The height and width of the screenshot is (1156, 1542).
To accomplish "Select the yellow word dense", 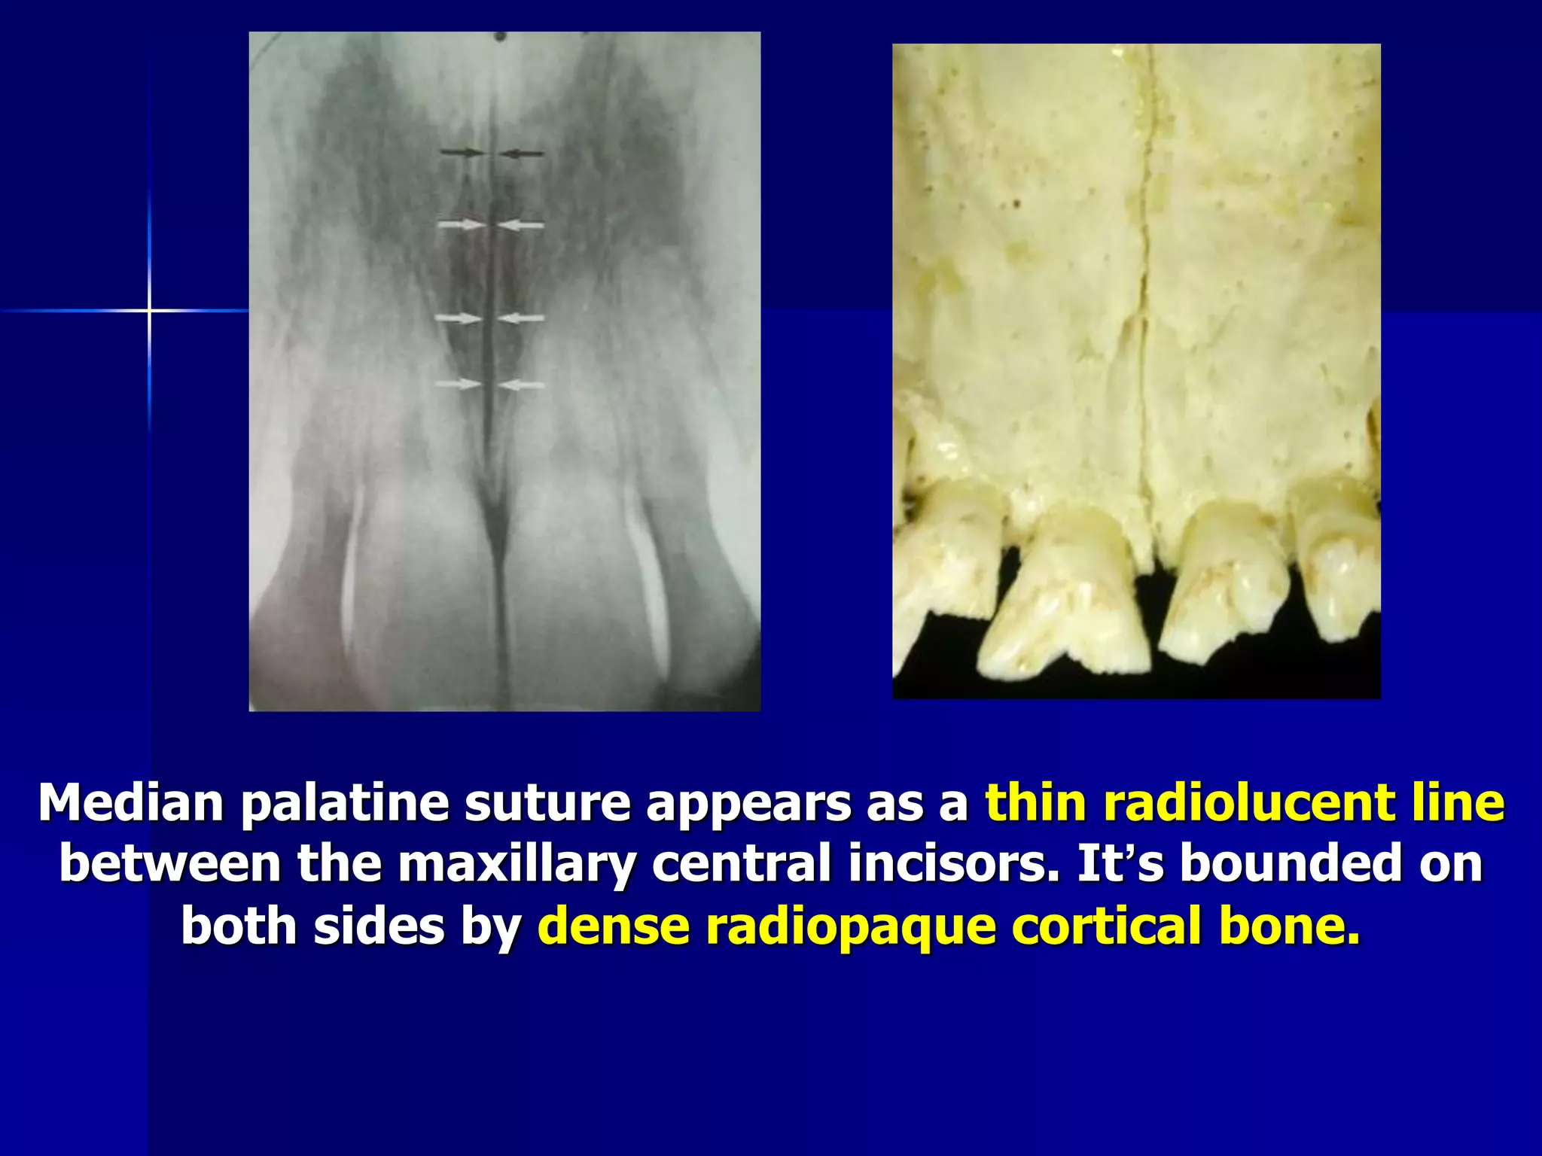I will coord(614,926).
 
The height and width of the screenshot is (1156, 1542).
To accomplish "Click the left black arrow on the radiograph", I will coord(462,153).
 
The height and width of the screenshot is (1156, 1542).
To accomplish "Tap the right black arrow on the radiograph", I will coord(522,154).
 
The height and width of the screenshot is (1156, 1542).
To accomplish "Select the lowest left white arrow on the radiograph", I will coord(458,385).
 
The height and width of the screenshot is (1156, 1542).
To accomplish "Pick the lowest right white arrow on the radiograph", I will coord(522,385).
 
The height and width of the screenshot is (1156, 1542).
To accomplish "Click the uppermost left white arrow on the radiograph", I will coord(461,224).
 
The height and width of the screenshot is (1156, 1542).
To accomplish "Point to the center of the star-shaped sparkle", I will coord(149,310).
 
